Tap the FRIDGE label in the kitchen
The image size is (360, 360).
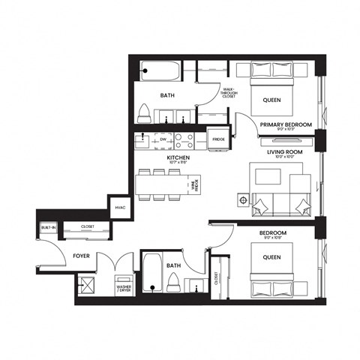coord(219,139)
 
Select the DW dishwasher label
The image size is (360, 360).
coord(163,139)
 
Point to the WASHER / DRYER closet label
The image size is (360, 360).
coord(124,289)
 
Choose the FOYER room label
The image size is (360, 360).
coord(82,256)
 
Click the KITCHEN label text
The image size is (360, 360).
coord(178,158)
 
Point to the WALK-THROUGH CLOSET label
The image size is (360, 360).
coord(229,92)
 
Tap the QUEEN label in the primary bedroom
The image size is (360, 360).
coord(271,100)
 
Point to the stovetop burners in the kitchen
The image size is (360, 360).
coord(185,139)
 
